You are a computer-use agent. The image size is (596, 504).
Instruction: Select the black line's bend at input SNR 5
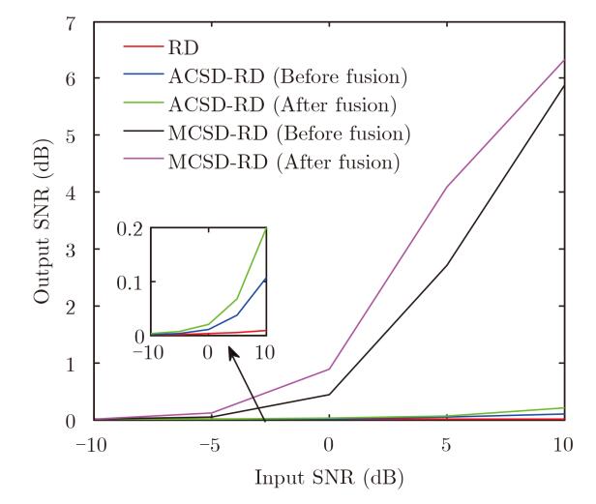(x=446, y=265)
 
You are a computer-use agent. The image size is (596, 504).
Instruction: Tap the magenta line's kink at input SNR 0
(x=329, y=369)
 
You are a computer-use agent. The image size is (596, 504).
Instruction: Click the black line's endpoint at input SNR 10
(x=564, y=85)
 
